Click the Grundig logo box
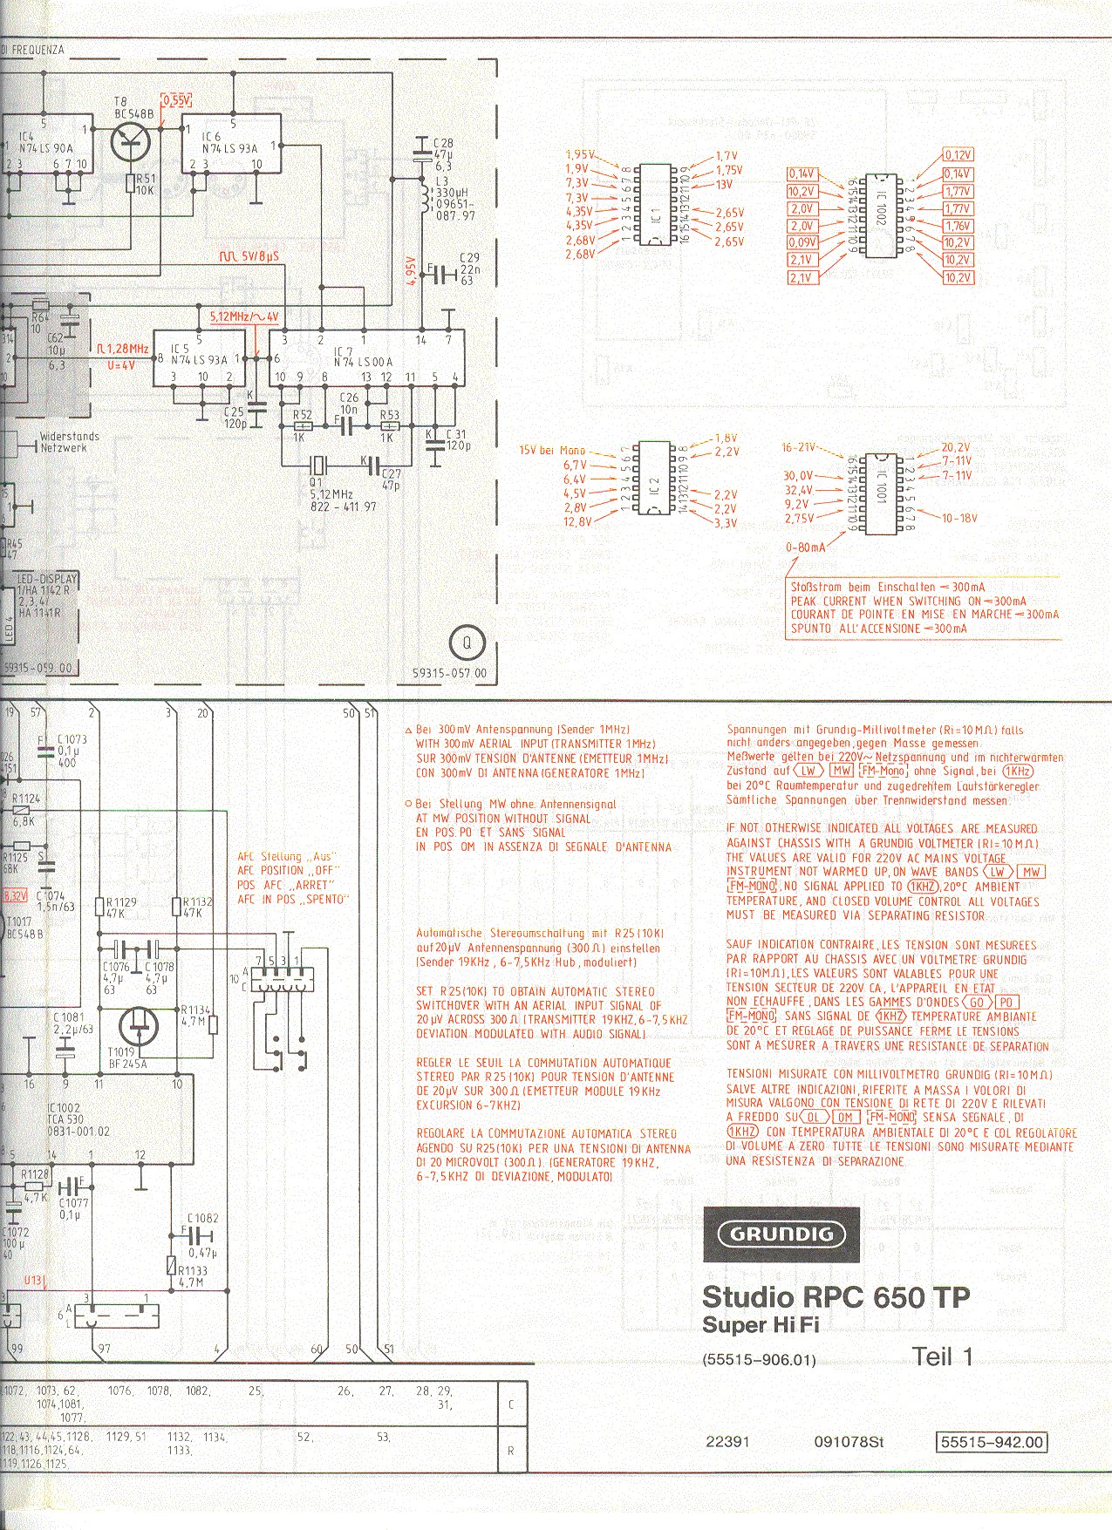781,1234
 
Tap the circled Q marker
466,643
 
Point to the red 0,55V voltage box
176,99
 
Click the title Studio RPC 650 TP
836,1296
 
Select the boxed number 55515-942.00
991,1441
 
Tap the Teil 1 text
942,1356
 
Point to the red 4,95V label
411,271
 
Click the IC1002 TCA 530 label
78,1119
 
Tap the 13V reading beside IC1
724,185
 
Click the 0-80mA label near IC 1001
805,547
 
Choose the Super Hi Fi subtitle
761,1325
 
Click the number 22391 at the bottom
727,1441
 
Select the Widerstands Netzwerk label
70,442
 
